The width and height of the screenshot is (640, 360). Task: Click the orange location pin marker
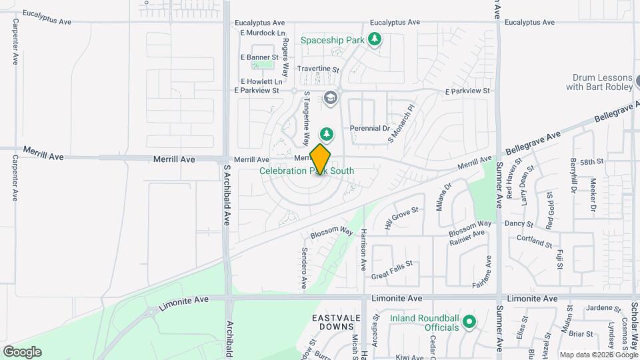coord(321,159)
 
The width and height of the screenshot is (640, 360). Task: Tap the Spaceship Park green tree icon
coord(375,39)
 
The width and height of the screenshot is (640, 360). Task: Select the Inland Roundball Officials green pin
coord(469,323)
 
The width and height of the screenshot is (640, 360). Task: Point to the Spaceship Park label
coord(333,40)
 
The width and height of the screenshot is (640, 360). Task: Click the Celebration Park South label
coord(307,171)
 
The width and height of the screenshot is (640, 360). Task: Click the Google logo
coord(23,351)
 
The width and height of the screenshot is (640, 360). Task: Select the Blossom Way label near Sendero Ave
coord(331,231)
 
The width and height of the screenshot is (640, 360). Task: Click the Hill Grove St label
coord(401,219)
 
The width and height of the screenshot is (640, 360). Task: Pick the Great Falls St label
coord(393,269)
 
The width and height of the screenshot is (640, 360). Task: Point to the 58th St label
coord(591,161)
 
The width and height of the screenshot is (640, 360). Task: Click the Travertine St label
coord(318,69)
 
